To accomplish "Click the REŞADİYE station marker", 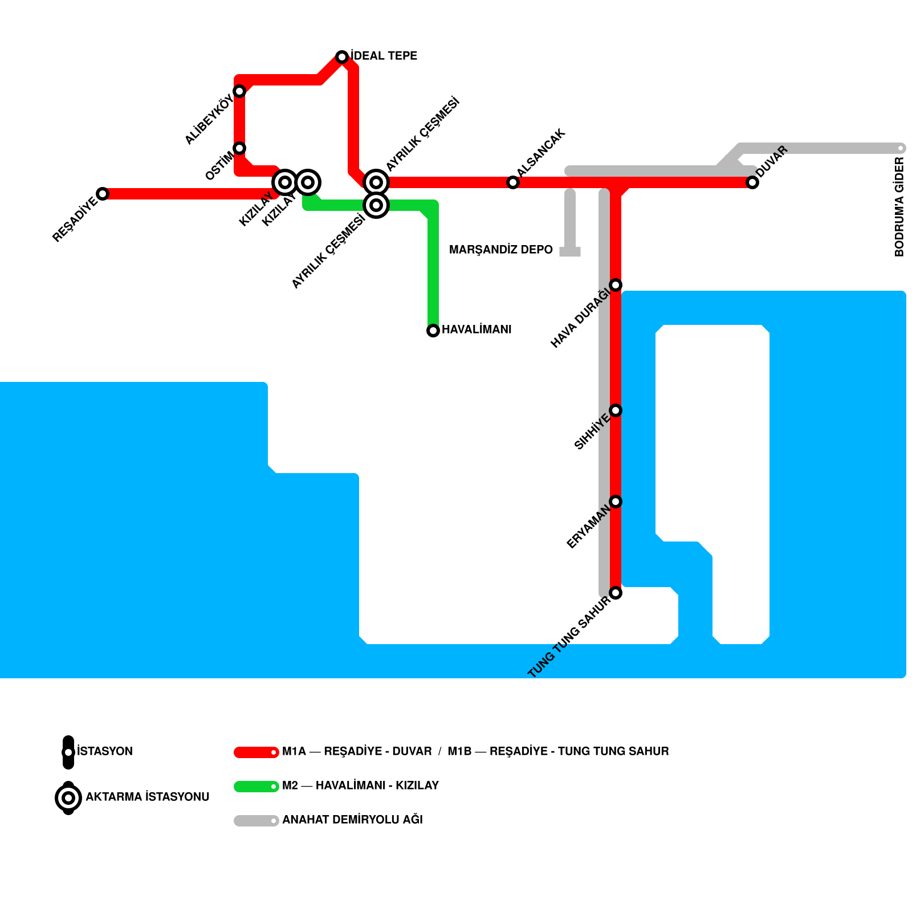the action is (x=103, y=194).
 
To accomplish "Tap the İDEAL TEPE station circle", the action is (x=342, y=57).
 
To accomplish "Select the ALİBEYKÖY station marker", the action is (x=239, y=91).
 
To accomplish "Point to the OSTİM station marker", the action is (x=239, y=148).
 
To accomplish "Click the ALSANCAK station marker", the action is (x=513, y=182).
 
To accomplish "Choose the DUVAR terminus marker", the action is (x=752, y=182).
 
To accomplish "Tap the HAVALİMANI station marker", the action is (x=433, y=331).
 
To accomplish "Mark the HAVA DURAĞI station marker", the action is (x=616, y=285).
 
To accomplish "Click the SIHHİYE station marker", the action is (x=616, y=410).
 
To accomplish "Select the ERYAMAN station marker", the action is (x=616, y=502).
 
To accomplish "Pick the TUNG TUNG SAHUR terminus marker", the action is (x=616, y=593).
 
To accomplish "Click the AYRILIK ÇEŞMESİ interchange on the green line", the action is (x=376, y=205).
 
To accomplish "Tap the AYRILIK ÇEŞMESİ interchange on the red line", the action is (x=376, y=182).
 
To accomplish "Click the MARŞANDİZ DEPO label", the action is (x=501, y=250).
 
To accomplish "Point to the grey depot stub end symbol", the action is (x=570, y=252).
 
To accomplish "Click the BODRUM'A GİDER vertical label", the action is (x=899, y=207).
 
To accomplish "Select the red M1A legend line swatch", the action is (x=256, y=752).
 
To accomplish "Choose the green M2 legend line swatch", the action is (x=256, y=787).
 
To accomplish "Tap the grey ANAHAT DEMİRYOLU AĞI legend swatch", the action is (x=256, y=821).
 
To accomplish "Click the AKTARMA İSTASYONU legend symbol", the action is (x=68, y=798).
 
